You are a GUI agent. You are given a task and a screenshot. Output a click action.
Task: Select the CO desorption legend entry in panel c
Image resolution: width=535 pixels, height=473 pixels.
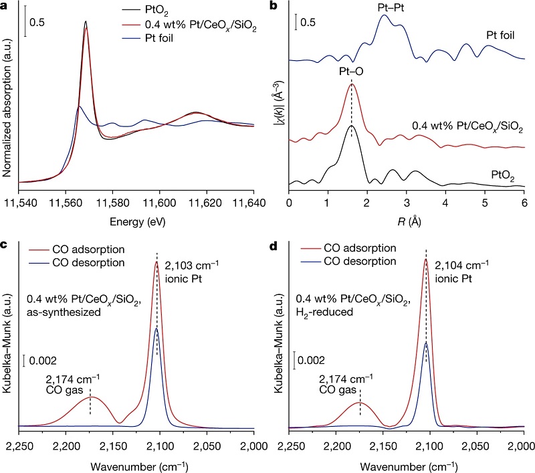point(87,262)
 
